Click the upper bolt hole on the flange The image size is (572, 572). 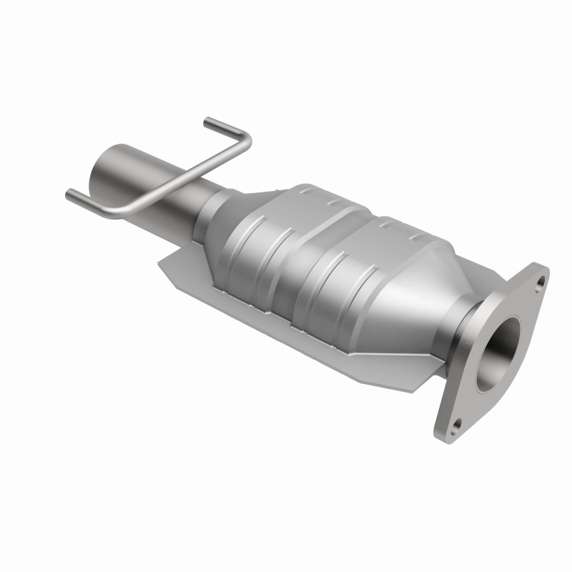[x=538, y=281]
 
